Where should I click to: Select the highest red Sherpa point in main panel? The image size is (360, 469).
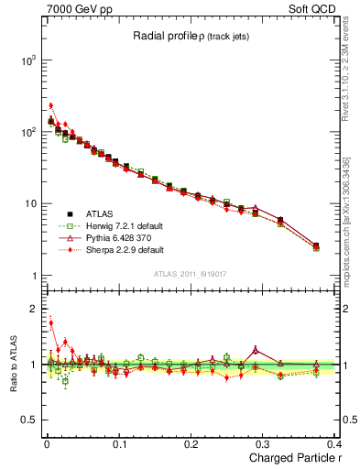coord(51,105)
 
